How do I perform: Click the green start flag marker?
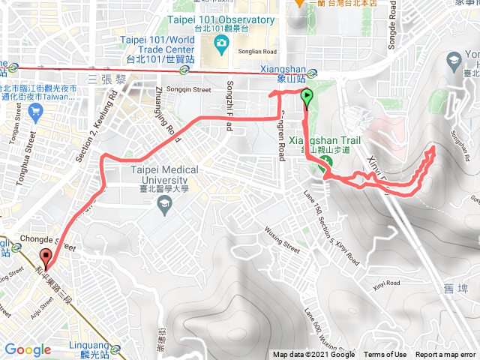coord(307,96)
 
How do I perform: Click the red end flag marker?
coord(46,258)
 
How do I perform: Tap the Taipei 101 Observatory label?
coord(232,20)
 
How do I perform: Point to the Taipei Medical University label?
coord(164,175)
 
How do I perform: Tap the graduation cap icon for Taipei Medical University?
coord(166,204)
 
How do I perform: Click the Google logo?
coord(27,349)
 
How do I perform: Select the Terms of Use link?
coord(385,355)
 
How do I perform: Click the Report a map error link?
coord(446,355)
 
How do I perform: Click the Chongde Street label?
coord(54,243)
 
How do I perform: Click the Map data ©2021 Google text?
coord(316,355)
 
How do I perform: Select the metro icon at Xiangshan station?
coord(311,73)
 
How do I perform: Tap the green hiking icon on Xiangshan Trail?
coord(326,170)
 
